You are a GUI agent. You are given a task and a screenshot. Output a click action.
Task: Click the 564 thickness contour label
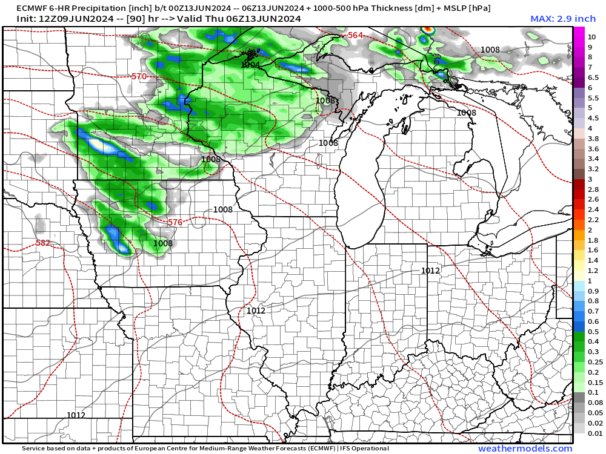356,36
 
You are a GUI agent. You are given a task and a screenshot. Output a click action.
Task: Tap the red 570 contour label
139,77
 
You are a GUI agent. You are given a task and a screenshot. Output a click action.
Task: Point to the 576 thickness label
175,222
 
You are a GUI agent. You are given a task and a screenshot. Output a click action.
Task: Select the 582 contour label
43,243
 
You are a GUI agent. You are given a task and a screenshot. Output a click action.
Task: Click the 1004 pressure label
250,65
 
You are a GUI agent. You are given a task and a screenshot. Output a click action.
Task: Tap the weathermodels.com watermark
525,449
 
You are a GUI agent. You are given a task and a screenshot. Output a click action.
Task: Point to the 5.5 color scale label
593,97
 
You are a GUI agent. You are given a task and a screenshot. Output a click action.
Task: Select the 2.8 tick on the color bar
593,189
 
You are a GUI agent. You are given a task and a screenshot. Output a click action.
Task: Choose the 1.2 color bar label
593,271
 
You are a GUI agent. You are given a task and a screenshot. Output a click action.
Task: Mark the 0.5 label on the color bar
593,332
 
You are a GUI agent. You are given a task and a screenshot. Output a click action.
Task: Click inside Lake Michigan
361,182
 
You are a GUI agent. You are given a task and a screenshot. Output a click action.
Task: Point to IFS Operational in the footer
365,449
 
